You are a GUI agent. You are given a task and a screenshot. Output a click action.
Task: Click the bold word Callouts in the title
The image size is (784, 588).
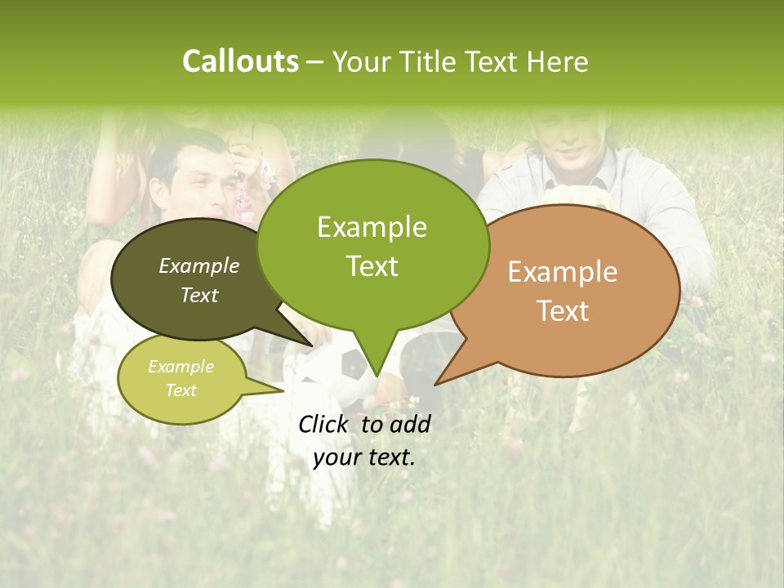tap(240, 61)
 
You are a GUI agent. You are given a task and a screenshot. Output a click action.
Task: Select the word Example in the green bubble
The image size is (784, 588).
tap(372, 227)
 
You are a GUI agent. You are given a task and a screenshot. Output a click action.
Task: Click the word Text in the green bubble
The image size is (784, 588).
tap(372, 266)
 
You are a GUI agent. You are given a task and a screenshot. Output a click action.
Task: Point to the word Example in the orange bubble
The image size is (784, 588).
tap(563, 272)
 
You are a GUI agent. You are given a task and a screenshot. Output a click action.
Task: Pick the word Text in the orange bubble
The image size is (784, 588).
tap(563, 311)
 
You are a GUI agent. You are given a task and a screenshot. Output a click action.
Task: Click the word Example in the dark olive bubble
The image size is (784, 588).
tap(199, 265)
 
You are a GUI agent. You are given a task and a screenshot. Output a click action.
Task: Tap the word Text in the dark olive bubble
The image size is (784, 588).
tap(199, 295)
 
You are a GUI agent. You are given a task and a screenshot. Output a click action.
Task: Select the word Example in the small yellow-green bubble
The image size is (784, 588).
tap(181, 367)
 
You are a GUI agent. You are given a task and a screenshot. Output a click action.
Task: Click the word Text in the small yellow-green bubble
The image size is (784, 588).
tap(181, 390)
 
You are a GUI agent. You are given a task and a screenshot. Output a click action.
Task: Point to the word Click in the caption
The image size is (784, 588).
tap(323, 424)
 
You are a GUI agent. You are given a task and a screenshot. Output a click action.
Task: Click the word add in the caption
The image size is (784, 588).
tap(410, 424)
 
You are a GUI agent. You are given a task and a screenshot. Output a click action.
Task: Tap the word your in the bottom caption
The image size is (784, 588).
tap(336, 457)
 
